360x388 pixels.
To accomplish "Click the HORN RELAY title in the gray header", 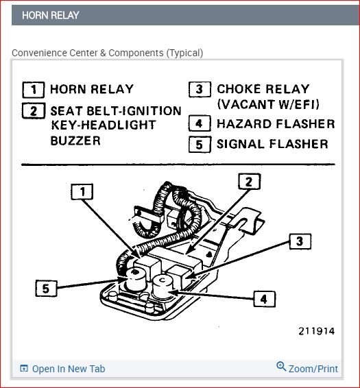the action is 51,15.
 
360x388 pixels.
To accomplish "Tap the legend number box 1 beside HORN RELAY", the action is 34,90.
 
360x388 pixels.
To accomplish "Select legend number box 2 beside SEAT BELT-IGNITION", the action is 34,110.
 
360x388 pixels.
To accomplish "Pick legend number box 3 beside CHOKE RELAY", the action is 200,89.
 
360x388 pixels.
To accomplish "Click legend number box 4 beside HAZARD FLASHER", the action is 200,123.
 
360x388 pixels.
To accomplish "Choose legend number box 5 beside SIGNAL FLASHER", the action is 200,144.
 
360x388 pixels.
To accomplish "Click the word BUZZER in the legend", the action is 75,141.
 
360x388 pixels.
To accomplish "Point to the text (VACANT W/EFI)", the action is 268,104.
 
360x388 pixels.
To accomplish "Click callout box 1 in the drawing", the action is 82,191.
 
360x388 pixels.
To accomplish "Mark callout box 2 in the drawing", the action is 250,182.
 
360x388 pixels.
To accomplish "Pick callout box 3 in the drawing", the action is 300,241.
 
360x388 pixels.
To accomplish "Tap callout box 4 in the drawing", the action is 264,299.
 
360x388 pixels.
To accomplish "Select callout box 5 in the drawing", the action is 47,289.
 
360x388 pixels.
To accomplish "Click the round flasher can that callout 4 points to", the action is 163,287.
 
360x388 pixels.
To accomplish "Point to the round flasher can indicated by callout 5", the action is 136,280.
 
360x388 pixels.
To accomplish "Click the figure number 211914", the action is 317,331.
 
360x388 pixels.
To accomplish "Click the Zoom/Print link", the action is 307,367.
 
